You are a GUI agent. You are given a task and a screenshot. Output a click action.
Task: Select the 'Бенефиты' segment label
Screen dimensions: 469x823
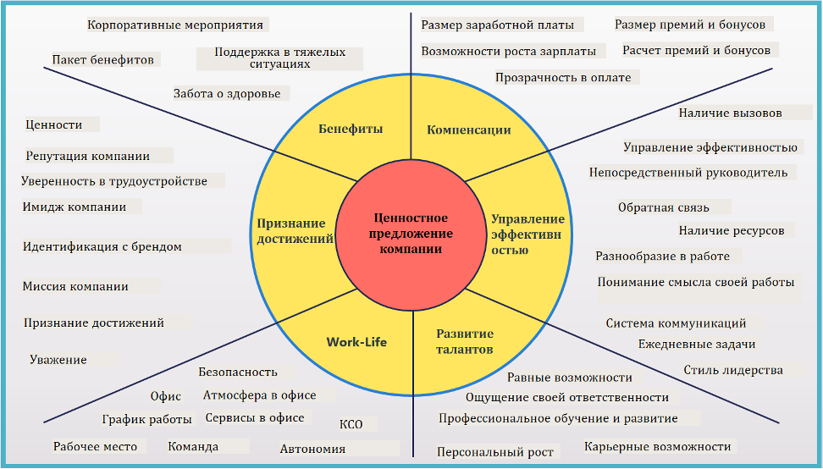click(x=351, y=130)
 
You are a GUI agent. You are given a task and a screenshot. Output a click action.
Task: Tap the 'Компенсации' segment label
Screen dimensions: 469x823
click(x=468, y=130)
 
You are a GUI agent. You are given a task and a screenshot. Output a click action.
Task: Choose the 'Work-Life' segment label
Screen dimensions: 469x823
click(x=356, y=342)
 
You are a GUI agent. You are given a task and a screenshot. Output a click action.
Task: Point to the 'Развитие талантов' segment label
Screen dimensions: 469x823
click(x=465, y=341)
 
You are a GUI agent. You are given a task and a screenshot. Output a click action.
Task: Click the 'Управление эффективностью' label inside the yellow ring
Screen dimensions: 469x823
click(x=527, y=234)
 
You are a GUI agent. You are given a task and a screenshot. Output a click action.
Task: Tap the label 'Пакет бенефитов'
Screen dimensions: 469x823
click(x=102, y=60)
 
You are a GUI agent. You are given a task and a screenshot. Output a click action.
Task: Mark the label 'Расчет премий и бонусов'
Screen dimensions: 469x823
click(x=696, y=51)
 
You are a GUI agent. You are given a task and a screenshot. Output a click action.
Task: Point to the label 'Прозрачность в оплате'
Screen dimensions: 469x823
click(x=563, y=78)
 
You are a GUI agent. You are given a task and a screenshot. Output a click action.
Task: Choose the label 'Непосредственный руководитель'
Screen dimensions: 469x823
click(x=688, y=173)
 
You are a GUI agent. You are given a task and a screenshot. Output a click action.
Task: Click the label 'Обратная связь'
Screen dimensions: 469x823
click(x=663, y=207)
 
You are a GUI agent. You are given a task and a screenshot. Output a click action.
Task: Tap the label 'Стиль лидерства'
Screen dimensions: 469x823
click(x=733, y=370)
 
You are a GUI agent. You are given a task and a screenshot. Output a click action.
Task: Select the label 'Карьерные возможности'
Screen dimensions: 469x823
click(x=657, y=446)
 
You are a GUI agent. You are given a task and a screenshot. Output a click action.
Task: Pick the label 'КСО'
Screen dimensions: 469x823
click(x=351, y=424)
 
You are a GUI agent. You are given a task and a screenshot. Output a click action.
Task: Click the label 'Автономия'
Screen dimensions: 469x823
click(x=312, y=449)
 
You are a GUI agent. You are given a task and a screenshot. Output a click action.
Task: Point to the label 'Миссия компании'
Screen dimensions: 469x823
click(x=75, y=286)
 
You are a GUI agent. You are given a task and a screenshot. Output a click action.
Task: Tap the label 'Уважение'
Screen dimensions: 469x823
click(x=58, y=360)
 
